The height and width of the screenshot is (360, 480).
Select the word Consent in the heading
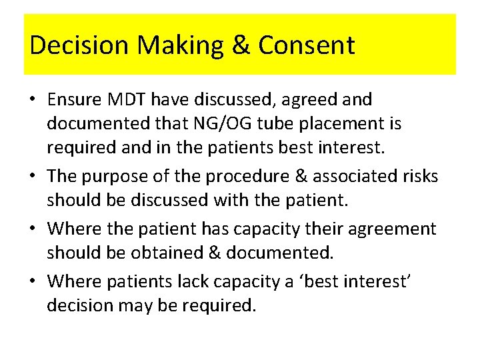(x=306, y=45)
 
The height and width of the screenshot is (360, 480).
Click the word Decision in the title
(x=79, y=45)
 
